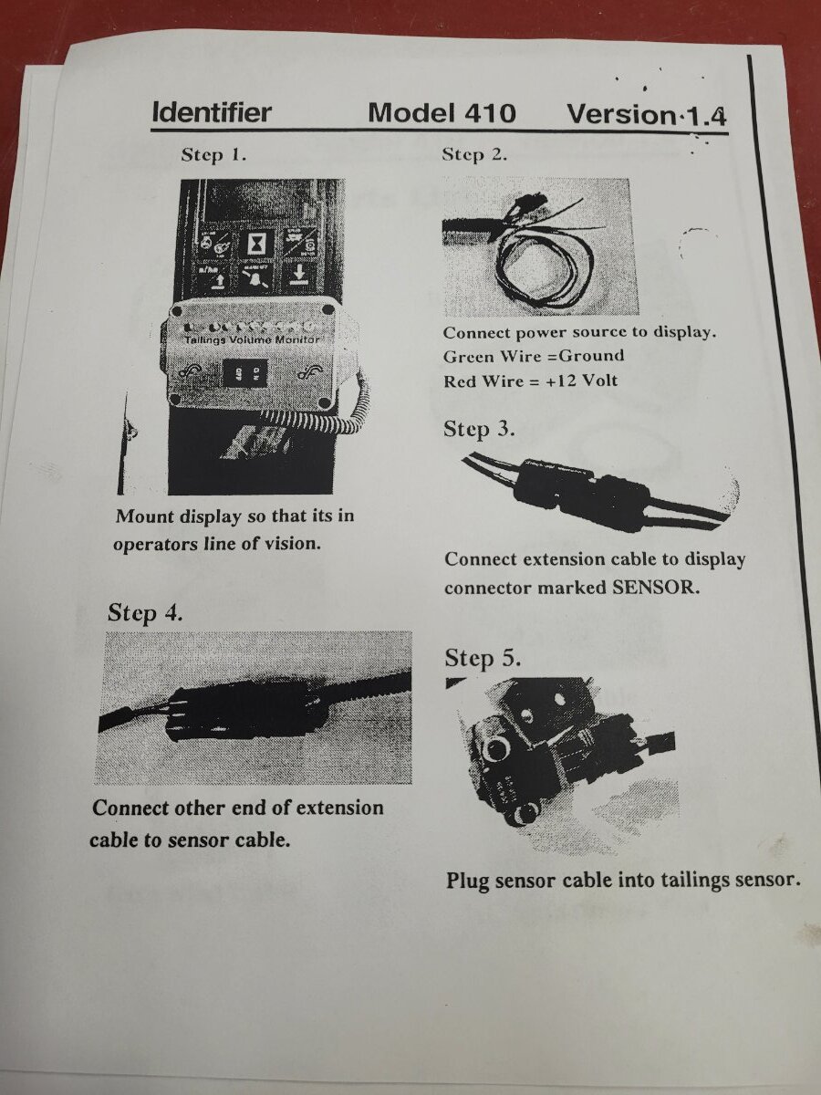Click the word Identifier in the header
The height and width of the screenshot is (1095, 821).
212,113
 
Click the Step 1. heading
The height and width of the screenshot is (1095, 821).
213,155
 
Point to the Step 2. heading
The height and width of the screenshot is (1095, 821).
474,154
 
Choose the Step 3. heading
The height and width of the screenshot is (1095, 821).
479,430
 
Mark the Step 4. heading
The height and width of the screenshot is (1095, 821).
145,612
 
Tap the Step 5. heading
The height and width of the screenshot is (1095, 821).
483,658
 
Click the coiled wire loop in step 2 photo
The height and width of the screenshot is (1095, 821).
538,269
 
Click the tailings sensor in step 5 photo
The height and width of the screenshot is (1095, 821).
520,757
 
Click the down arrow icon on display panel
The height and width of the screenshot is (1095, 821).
297,276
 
